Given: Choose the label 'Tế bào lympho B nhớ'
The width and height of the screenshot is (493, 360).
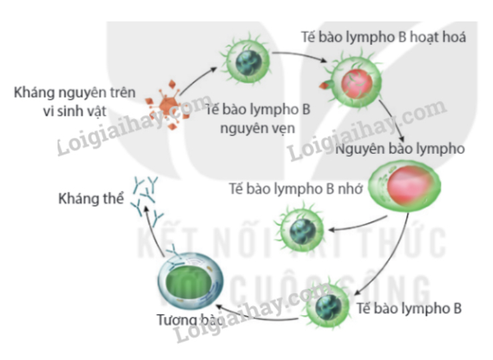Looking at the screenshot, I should point(295,189).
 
